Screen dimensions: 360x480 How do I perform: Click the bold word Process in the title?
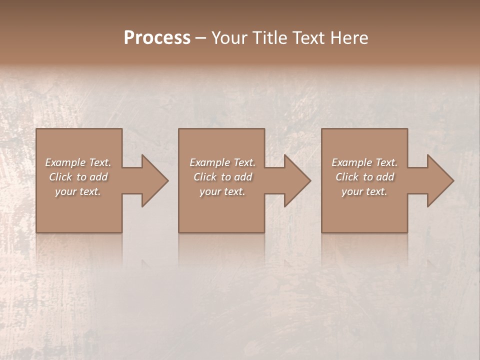point(157,38)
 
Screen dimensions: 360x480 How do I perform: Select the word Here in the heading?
point(348,38)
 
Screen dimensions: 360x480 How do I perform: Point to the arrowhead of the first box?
point(154,180)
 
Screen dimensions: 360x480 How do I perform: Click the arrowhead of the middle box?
point(297,180)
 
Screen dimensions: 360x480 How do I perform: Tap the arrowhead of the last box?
point(440,180)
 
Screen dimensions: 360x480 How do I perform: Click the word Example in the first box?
point(65,162)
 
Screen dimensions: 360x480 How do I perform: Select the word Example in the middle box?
point(209,162)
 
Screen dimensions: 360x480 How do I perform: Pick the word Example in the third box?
point(351,162)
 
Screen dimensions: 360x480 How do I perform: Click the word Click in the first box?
point(60,177)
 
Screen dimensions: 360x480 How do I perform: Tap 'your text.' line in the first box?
point(78,191)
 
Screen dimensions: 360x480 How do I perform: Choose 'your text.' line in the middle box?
point(222,191)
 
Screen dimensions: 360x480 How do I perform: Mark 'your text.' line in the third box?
point(364,191)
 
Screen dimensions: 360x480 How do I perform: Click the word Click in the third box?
point(347,177)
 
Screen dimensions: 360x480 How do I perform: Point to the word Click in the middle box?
point(205,177)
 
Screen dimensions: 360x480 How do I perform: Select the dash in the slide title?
point(200,38)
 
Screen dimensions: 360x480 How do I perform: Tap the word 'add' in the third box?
point(385,177)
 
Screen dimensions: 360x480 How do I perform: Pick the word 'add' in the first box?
point(99,177)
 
